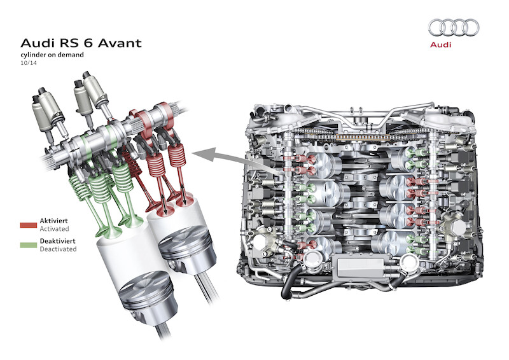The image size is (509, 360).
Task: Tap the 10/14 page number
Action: point(29,63)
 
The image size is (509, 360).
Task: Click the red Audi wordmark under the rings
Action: point(440,45)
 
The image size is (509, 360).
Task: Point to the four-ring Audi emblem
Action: point(454,27)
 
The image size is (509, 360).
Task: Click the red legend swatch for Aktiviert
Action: point(29,225)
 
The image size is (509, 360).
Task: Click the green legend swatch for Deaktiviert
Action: point(29,245)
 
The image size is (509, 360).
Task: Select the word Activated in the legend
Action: point(54,229)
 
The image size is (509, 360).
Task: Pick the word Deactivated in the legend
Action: point(58,249)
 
